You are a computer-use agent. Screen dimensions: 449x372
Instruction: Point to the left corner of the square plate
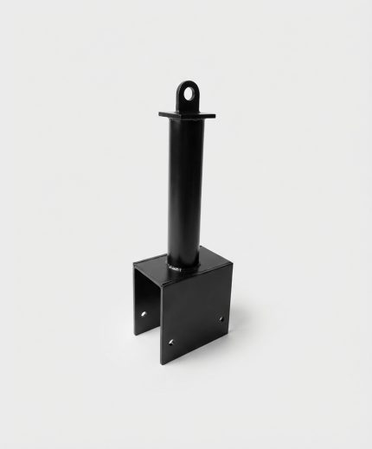coord(161,112)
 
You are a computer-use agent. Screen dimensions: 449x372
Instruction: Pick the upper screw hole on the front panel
coord(220,319)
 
